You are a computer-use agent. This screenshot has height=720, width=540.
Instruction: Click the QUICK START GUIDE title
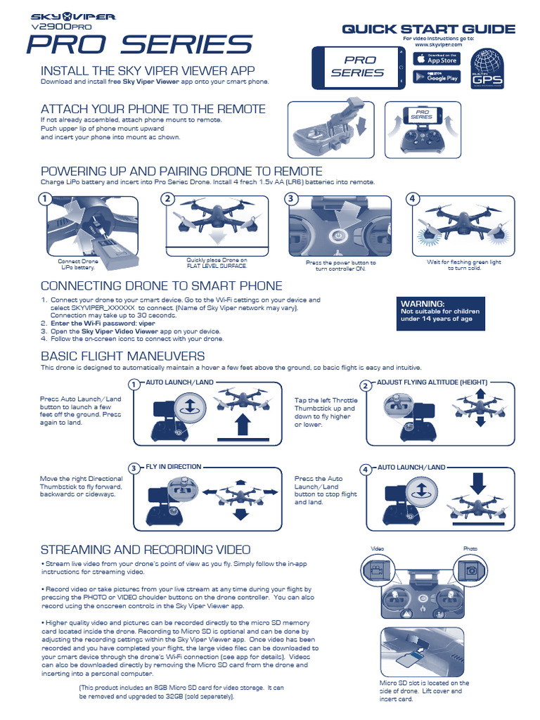pyautogui.click(x=428, y=29)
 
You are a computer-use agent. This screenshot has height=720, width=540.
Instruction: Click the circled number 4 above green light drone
pyautogui.click(x=413, y=199)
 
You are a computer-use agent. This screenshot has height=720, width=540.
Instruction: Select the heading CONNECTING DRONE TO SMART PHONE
pyautogui.click(x=162, y=285)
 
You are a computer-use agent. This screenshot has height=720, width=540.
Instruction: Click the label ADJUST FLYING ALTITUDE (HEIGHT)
pyautogui.click(x=432, y=382)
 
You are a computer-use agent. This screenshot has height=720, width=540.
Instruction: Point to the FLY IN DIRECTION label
pyautogui.click(x=173, y=466)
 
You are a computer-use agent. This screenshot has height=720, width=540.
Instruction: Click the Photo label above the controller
pyautogui.click(x=470, y=548)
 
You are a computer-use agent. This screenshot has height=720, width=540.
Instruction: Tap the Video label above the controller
pyautogui.click(x=377, y=548)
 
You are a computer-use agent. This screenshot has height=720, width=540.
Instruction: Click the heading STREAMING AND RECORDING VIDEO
pyautogui.click(x=146, y=549)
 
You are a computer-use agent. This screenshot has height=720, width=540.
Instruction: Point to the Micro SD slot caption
pyautogui.click(x=424, y=690)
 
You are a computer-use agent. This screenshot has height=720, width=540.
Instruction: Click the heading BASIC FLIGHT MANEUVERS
pyautogui.click(x=123, y=356)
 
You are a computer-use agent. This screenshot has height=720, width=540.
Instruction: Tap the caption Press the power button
pyautogui.click(x=341, y=266)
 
